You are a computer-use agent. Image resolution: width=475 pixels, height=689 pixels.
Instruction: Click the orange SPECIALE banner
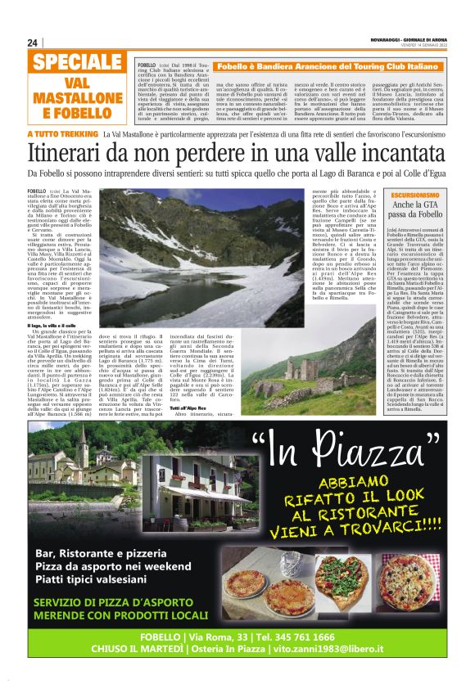pyautogui.click(x=78, y=63)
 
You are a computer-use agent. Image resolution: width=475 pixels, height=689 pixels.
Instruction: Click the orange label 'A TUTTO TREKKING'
pyautogui.click(x=62, y=133)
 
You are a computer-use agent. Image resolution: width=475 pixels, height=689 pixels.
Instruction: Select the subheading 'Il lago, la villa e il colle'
pyautogui.click(x=57, y=326)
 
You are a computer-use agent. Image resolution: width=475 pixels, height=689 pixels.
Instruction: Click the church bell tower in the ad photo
pyautogui.click(x=82, y=448)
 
